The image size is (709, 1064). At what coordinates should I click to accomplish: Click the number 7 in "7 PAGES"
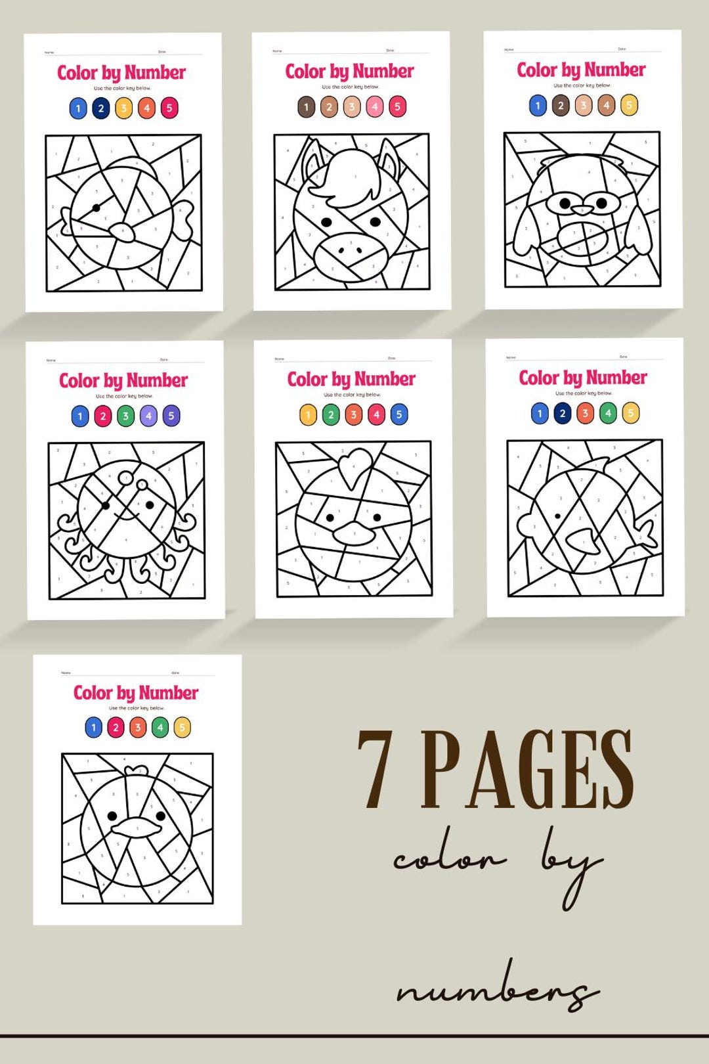click(x=375, y=769)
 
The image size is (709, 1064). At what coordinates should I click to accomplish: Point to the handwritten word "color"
click(x=450, y=858)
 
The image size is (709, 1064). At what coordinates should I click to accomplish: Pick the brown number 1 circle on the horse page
click(x=307, y=106)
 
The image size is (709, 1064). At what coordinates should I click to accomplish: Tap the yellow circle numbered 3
click(x=123, y=108)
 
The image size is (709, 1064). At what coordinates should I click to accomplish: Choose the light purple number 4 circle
click(x=148, y=416)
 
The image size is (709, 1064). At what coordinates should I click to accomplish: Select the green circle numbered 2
click(x=331, y=414)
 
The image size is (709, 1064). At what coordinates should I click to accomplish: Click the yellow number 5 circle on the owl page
click(x=629, y=105)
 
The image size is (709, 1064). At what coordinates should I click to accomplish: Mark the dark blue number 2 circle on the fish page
click(x=562, y=413)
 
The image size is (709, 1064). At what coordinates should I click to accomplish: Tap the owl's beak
click(x=582, y=210)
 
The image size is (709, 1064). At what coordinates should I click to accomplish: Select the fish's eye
click(x=558, y=516)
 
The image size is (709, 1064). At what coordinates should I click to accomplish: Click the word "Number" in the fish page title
click(x=615, y=378)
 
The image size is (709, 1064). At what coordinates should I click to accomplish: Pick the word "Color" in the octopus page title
click(x=79, y=380)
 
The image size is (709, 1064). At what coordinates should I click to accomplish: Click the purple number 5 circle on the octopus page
click(x=171, y=416)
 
